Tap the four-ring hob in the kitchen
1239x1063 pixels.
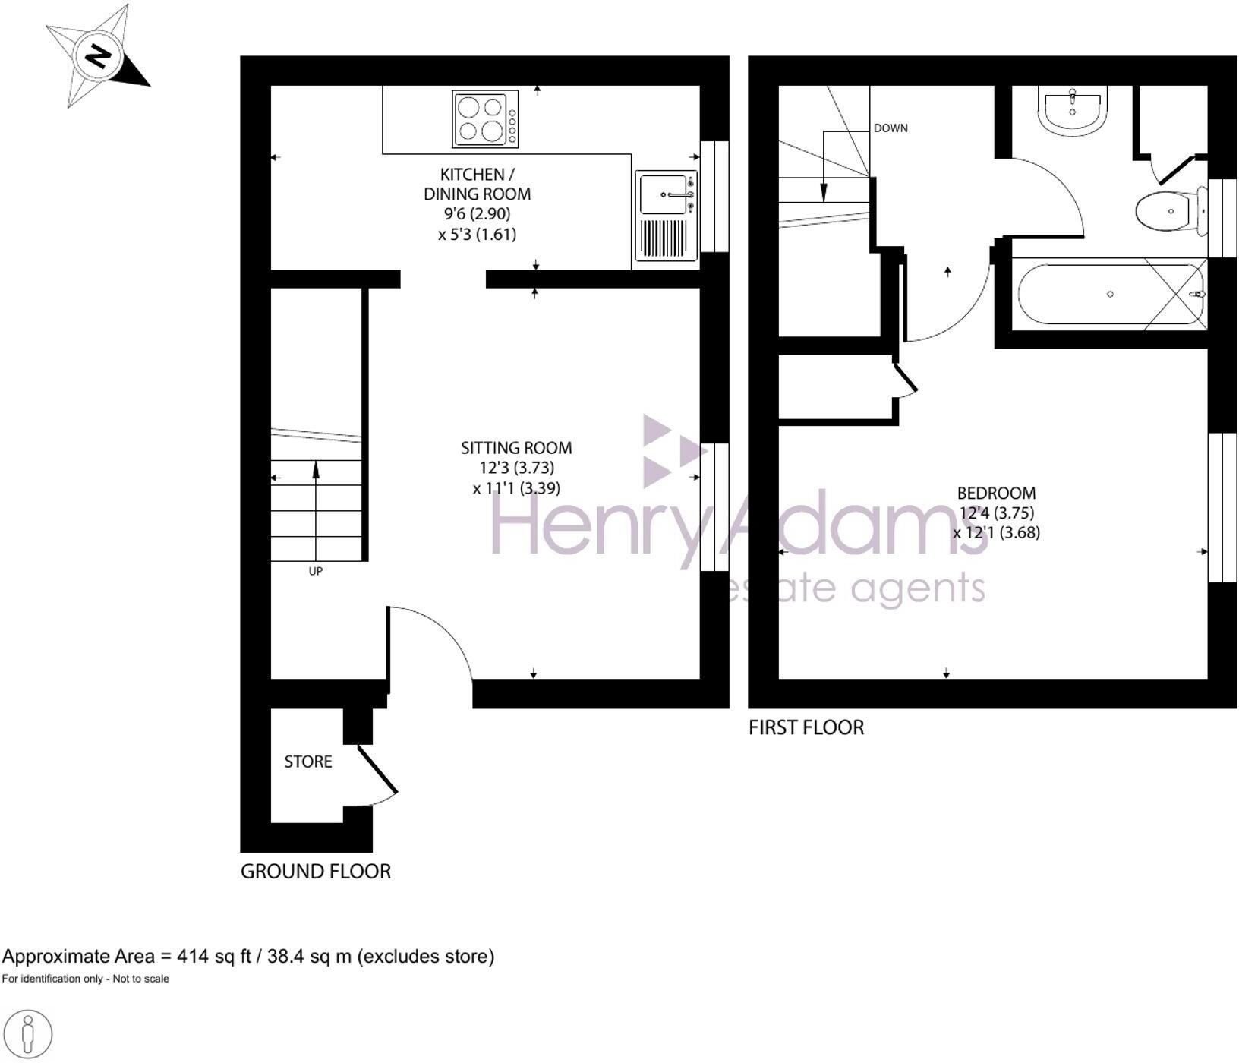click(x=485, y=118)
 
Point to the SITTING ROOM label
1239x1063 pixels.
click(x=516, y=448)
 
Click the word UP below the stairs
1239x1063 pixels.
click(x=316, y=571)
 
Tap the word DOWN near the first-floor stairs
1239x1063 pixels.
click(x=891, y=128)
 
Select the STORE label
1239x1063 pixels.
click(x=308, y=762)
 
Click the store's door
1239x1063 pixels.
click(x=377, y=769)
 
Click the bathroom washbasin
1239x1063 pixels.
click(x=1072, y=109)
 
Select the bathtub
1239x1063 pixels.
click(x=1110, y=294)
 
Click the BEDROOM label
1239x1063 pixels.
click(x=996, y=493)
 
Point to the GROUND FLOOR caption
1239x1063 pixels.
click(x=316, y=871)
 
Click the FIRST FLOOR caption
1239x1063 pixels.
click(x=806, y=727)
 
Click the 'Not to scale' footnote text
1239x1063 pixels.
click(x=140, y=979)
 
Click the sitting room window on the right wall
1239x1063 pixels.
click(x=714, y=506)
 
